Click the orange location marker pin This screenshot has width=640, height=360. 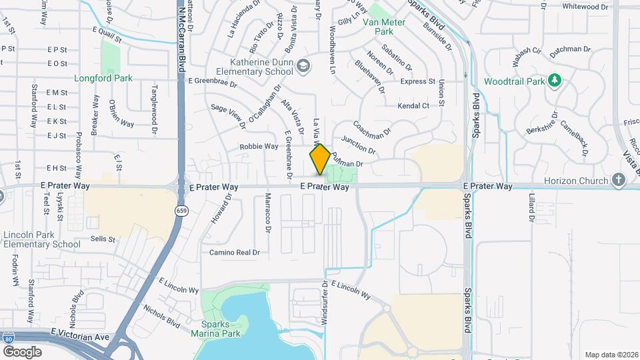pos(320,159)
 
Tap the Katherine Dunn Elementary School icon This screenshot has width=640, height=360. pos(304,65)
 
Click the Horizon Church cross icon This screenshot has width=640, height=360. pos(619,180)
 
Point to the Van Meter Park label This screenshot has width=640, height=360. pos(383,26)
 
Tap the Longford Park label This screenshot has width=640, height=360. pos(104,78)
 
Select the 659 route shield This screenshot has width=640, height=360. pos(181,211)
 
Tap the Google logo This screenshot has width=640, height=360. pos(22,351)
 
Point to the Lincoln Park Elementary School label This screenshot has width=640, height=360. pos(41,239)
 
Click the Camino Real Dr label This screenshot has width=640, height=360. pos(234,253)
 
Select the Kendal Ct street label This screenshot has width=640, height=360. pos(413,106)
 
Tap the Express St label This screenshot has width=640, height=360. pos(418,81)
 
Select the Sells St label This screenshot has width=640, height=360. pos(103,239)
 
